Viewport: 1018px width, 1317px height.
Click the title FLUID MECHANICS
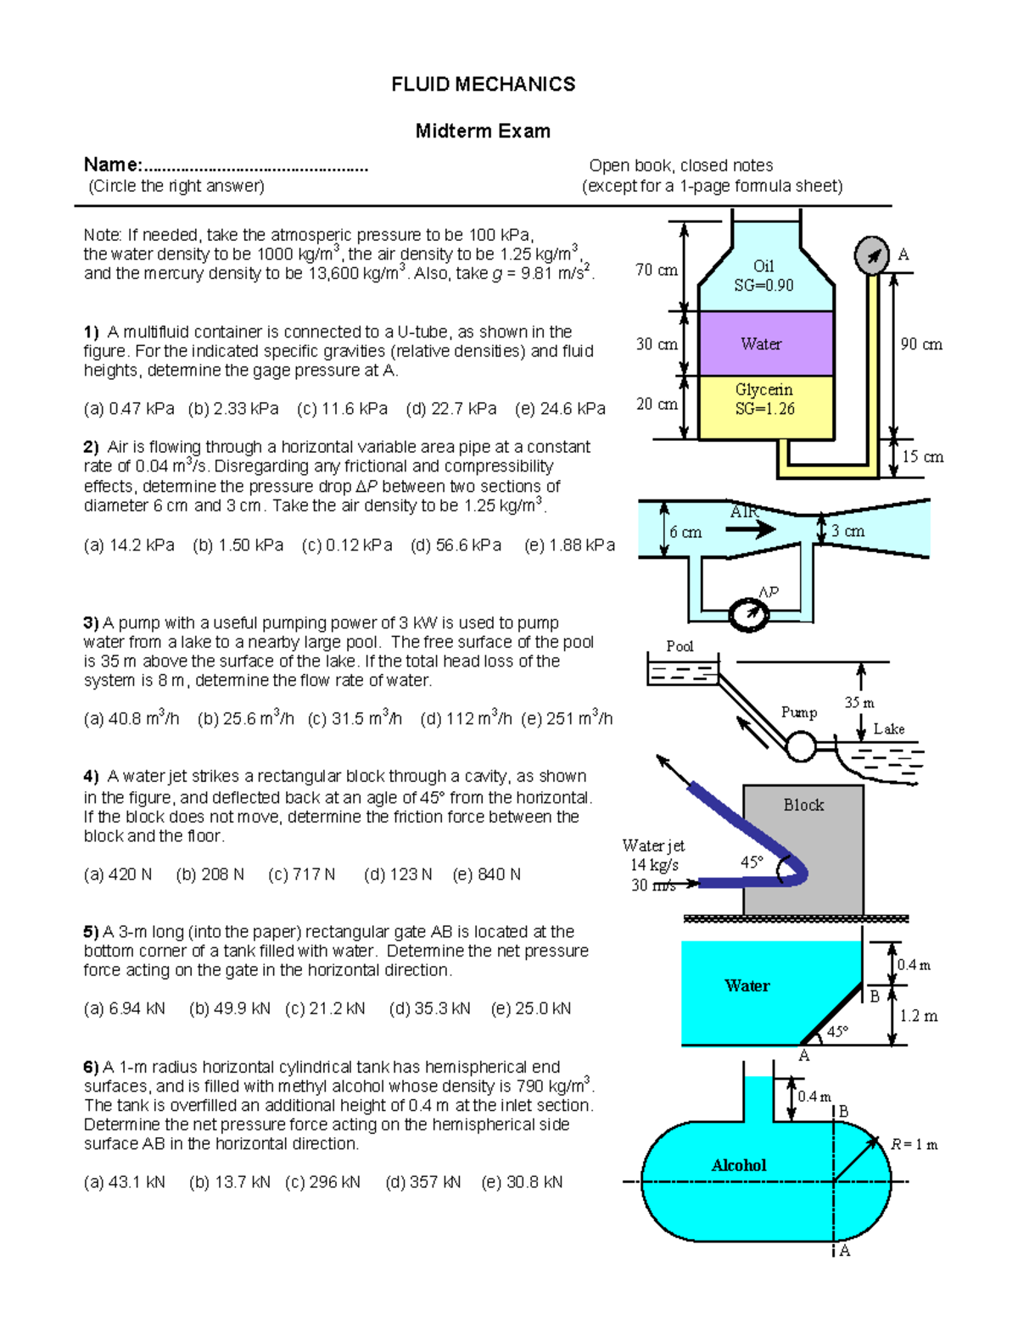(x=483, y=84)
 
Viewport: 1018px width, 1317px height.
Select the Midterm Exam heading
(x=483, y=131)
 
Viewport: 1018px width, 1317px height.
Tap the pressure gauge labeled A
(x=871, y=255)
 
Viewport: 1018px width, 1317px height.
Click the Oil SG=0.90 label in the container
(x=763, y=276)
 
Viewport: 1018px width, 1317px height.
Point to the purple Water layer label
(x=761, y=344)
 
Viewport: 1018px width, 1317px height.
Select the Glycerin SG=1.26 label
(x=763, y=399)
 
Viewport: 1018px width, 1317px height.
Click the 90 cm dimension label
(x=921, y=344)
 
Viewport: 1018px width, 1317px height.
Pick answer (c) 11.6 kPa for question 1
(x=342, y=409)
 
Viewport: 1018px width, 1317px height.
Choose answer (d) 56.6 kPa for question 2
(x=456, y=545)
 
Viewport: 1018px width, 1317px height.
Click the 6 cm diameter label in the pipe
(x=685, y=533)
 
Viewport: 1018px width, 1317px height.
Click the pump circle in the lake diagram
(x=800, y=747)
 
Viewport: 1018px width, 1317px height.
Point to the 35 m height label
(x=859, y=703)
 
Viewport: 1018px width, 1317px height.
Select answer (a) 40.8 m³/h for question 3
(x=131, y=719)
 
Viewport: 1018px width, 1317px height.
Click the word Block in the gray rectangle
(x=803, y=805)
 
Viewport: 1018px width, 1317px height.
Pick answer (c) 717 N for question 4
(x=302, y=874)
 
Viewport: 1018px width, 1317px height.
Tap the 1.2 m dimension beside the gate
(x=919, y=1016)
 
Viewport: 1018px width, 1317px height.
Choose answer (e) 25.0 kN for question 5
(x=531, y=1008)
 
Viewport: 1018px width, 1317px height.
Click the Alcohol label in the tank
(x=738, y=1166)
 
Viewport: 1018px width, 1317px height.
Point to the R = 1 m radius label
(x=914, y=1145)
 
